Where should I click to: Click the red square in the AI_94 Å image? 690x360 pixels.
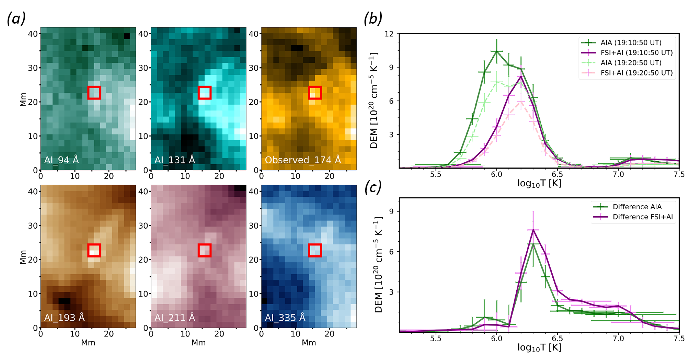pyautogui.click(x=94, y=93)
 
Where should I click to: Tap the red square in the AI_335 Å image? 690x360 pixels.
pyautogui.click(x=315, y=250)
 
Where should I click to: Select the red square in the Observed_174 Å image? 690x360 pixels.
pyautogui.click(x=315, y=93)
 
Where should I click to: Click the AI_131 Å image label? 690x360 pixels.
pyautogui.click(x=175, y=160)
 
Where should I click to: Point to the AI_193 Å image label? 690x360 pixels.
pyautogui.click(x=64, y=318)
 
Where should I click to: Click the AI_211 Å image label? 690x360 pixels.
pyautogui.click(x=175, y=318)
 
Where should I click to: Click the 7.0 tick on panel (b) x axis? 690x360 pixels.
pyautogui.click(x=618, y=175)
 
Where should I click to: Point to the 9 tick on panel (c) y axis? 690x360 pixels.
pyautogui.click(x=391, y=211)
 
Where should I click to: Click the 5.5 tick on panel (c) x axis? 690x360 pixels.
pyautogui.click(x=436, y=339)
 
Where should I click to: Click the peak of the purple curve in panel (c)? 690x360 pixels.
pyautogui.click(x=533, y=230)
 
